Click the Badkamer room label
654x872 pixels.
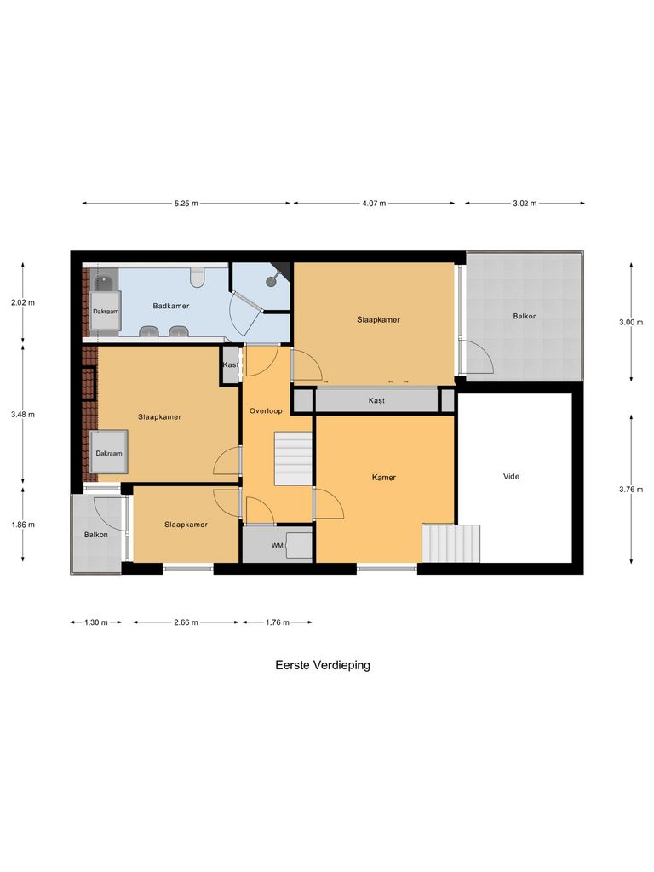tap(170, 306)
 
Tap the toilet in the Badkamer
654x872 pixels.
tap(198, 278)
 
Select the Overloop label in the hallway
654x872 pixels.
tap(266, 411)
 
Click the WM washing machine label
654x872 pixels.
tap(277, 545)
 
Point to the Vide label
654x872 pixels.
tap(510, 477)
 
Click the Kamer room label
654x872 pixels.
tap(384, 478)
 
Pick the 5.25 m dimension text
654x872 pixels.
tap(186, 204)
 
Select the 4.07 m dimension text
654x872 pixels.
tap(373, 204)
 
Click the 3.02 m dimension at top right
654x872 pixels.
tap(525, 204)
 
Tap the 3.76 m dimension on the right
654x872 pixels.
tap(631, 489)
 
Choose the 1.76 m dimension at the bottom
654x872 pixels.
tap(277, 622)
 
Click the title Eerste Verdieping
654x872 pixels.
tap(323, 665)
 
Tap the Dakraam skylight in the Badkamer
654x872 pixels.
tap(106, 312)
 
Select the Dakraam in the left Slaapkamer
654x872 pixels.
tap(108, 453)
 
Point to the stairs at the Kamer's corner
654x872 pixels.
tap(450, 543)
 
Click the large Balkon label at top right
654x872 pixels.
tap(525, 316)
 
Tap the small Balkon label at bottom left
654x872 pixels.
tap(95, 535)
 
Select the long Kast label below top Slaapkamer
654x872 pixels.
tap(376, 400)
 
